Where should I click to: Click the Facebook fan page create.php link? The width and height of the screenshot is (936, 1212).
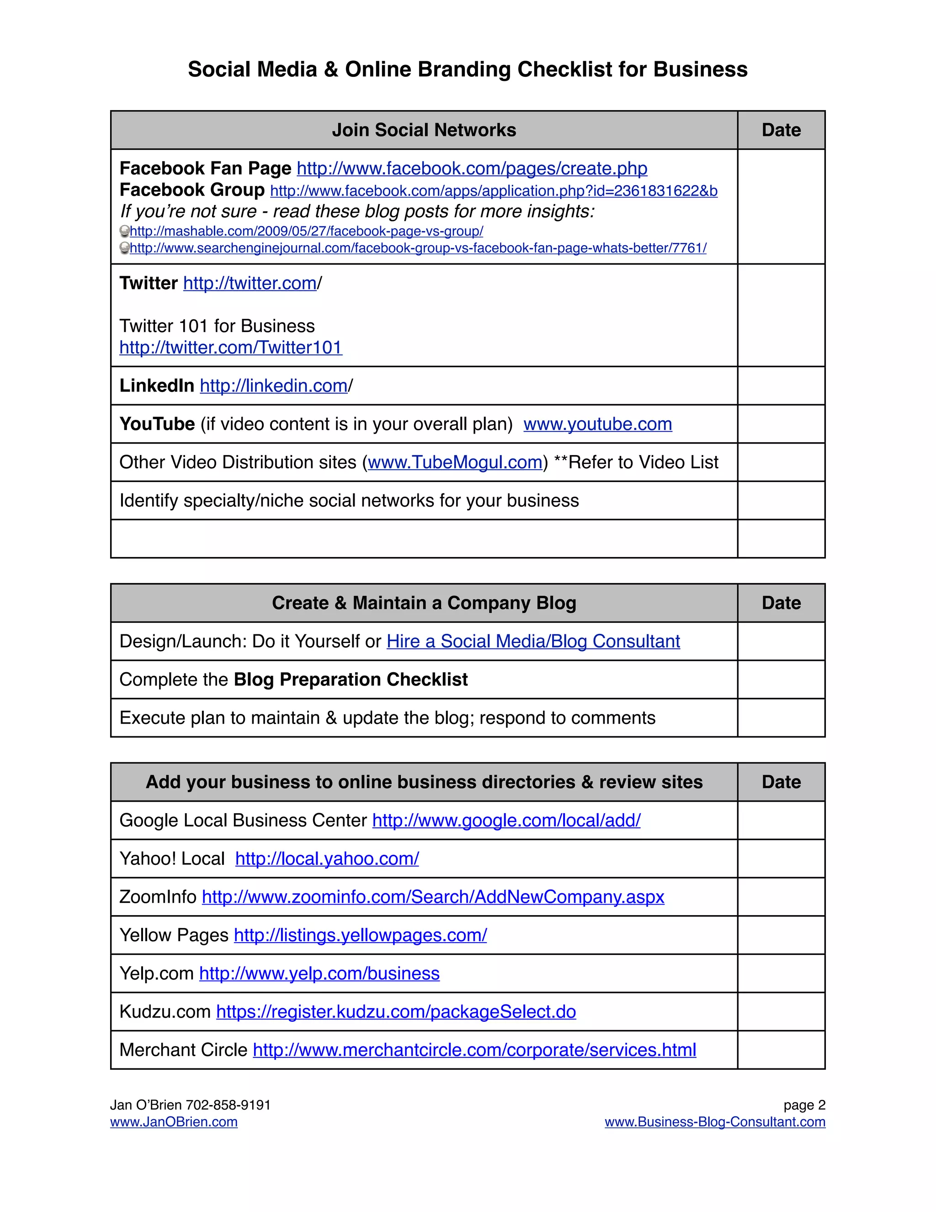click(472, 168)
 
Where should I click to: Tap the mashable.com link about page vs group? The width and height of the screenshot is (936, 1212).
click(306, 231)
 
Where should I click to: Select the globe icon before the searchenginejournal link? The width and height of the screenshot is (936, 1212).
click(125, 248)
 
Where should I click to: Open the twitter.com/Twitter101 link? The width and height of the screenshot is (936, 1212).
click(231, 348)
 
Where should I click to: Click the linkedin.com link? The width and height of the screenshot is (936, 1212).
click(273, 386)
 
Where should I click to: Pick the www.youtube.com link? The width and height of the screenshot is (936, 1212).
click(597, 424)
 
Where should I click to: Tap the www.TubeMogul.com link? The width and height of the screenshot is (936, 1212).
click(455, 462)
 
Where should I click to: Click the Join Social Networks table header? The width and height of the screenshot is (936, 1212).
click(424, 130)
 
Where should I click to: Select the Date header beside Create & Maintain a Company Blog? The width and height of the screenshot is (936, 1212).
click(781, 603)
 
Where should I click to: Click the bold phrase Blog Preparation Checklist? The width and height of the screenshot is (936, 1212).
click(351, 679)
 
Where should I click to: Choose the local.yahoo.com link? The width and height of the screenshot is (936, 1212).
click(327, 858)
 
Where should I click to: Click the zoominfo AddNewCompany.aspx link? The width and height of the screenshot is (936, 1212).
click(432, 897)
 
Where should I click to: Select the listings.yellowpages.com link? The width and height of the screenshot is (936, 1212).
click(361, 935)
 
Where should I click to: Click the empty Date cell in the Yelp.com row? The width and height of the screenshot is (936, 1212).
click(781, 973)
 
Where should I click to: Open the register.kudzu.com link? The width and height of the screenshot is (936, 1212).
click(396, 1012)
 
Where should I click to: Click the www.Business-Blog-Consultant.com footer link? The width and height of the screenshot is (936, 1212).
click(715, 1121)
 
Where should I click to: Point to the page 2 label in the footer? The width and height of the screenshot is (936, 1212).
click(804, 1105)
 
